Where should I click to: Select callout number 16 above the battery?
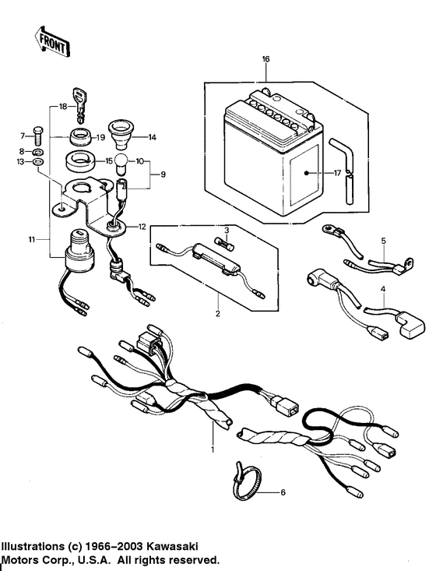(x=265, y=59)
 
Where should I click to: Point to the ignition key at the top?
(x=79, y=101)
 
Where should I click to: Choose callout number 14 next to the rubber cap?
(x=153, y=136)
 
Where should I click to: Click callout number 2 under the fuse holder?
(x=218, y=314)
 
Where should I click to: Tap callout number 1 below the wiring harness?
(x=212, y=449)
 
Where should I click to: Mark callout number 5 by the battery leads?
(x=382, y=241)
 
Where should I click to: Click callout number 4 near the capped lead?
(x=382, y=291)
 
